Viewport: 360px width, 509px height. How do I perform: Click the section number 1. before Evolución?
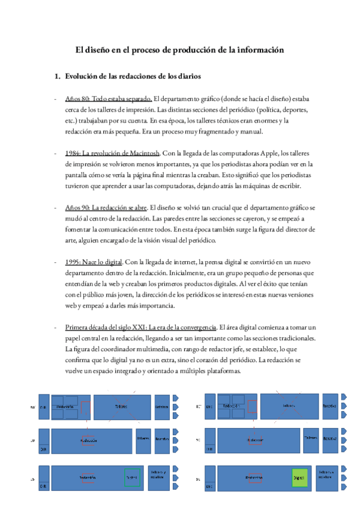pyautogui.click(x=58, y=77)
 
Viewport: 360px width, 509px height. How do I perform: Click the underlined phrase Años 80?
pyautogui.click(x=78, y=98)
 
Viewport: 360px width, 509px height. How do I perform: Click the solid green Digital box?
pyautogui.click(x=299, y=478)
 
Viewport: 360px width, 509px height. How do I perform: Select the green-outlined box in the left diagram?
pyautogui.click(x=131, y=477)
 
